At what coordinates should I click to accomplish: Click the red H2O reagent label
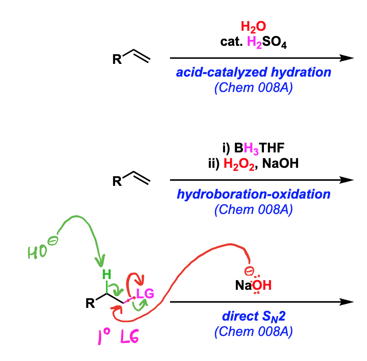(253, 27)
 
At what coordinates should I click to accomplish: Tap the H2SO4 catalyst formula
(267, 42)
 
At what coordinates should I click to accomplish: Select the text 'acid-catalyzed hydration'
(254, 72)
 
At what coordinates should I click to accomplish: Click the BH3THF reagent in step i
(259, 148)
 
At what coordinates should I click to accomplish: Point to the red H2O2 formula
(239, 164)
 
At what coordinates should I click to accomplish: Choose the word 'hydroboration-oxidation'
(254, 194)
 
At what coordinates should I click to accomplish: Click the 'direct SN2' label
(254, 316)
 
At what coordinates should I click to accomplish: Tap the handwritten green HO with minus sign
(43, 248)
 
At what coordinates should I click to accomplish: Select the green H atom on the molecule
(107, 274)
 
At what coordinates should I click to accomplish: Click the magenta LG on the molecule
(145, 294)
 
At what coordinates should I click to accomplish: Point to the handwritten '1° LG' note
(118, 336)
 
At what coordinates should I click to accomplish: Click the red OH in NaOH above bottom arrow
(262, 285)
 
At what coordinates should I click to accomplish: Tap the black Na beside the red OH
(244, 286)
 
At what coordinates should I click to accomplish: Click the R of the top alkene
(117, 59)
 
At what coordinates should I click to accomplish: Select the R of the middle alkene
(117, 181)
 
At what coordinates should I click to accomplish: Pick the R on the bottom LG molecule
(90, 303)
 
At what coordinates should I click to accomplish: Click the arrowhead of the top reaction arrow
(347, 58)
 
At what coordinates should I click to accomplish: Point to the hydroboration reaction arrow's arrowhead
(347, 180)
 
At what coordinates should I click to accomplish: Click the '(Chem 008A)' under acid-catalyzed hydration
(254, 88)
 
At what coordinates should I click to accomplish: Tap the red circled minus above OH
(249, 271)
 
